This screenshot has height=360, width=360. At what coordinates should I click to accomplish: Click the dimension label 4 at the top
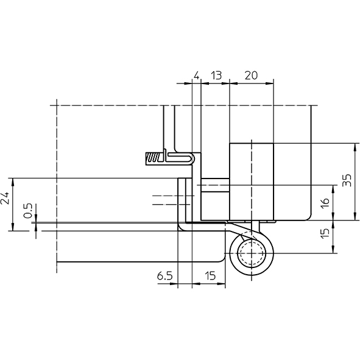pos(196,76)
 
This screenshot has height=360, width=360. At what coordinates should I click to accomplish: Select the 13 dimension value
pos(216,76)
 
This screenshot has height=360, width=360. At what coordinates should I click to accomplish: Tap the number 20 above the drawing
pos(251,76)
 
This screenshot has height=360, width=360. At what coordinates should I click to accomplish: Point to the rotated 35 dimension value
pos(347,180)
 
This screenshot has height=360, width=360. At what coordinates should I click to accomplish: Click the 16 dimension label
pos(325,202)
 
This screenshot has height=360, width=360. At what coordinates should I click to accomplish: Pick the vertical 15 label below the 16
pos(325,234)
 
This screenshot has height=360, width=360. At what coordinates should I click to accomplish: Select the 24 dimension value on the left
pos(5,198)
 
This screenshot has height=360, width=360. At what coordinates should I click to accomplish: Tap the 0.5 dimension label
pos(28,211)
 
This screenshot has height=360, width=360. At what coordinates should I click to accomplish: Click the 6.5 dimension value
pos(164,276)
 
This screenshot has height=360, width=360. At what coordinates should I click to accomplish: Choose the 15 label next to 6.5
pos(210,276)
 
